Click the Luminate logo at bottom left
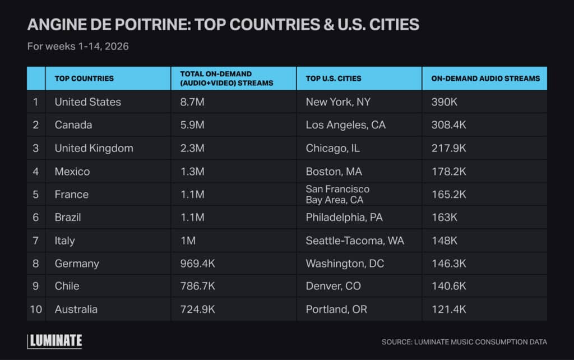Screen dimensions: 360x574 (55, 340)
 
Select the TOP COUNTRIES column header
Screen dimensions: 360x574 (84, 79)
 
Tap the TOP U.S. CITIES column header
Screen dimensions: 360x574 (334, 79)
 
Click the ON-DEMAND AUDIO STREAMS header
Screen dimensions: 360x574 (485, 79)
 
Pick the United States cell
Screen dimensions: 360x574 (88, 102)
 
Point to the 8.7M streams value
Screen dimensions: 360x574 (192, 102)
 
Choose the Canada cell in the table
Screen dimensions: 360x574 (73, 125)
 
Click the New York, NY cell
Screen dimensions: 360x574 (338, 102)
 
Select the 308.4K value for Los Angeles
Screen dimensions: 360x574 (448, 125)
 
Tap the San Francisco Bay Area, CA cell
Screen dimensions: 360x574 (337, 194)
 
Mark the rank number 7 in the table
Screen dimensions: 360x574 (36, 241)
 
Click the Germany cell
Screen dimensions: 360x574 (77, 264)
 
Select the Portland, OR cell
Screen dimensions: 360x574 (336, 310)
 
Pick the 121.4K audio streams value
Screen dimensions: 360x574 (448, 310)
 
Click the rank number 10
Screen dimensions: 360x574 (36, 310)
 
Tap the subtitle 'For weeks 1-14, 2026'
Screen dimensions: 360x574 (78, 46)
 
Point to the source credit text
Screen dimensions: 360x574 (464, 341)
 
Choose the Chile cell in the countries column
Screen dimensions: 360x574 (67, 286)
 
